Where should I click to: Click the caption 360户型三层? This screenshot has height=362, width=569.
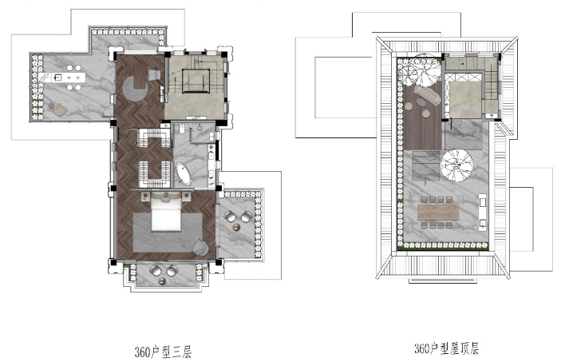(x=163, y=352)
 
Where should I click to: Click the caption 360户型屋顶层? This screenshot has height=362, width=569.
(x=446, y=348)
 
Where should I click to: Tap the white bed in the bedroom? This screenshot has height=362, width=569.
(x=166, y=213)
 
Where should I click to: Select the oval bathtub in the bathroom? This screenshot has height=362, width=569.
(x=184, y=174)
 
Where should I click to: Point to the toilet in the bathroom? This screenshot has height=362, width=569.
(x=182, y=128)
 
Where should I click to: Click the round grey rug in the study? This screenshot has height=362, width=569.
(x=135, y=89)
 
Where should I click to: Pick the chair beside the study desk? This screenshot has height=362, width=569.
(x=154, y=74)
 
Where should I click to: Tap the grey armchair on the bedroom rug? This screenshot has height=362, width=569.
(x=200, y=248)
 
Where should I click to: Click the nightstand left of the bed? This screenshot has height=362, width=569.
(x=146, y=197)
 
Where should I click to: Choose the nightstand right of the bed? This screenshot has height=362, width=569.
(x=186, y=197)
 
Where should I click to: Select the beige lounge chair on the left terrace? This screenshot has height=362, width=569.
(x=61, y=109)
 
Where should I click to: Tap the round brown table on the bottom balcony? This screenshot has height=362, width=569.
(x=162, y=280)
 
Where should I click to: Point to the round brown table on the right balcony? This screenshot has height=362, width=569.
(x=237, y=228)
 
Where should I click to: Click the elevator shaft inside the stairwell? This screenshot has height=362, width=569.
(x=196, y=81)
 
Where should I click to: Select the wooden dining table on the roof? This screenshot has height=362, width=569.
(x=438, y=212)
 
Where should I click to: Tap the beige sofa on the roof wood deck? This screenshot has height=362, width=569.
(x=429, y=94)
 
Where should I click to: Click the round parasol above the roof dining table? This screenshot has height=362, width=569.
(x=456, y=165)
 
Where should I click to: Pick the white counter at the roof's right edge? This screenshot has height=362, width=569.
(x=483, y=212)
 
